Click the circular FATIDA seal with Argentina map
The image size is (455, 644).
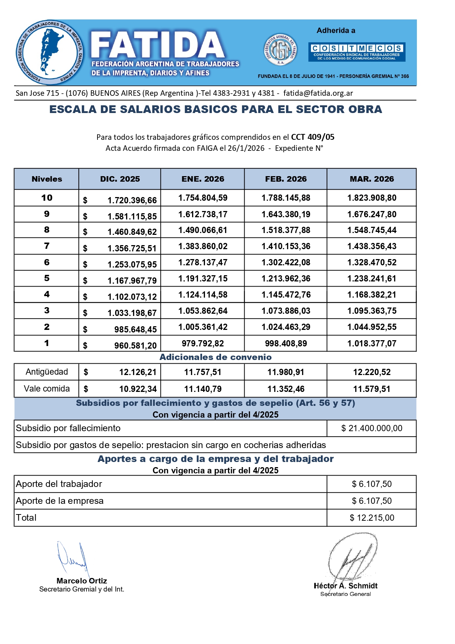tap(49, 52)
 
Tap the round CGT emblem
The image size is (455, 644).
tap(280, 50)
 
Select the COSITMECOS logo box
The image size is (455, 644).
tap(357, 51)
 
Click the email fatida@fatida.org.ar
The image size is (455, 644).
tap(318, 93)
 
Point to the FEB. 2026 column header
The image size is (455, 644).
tap(286, 179)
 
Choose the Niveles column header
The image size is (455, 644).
tap(47, 179)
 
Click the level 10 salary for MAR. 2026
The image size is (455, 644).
tap(372, 198)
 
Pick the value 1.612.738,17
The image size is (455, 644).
tap(203, 214)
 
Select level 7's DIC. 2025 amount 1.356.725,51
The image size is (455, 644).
tap(132, 248)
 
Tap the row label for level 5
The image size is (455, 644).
tap(47, 278)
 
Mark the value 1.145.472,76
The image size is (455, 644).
tap(286, 295)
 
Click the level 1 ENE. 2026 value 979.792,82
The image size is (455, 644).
tap(203, 343)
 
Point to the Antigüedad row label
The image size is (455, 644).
tap(47, 372)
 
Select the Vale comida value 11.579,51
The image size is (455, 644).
tap(372, 389)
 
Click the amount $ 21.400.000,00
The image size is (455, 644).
tap(371, 428)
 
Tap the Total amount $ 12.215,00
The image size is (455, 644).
tap(372, 518)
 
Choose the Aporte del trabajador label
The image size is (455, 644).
tap(59, 484)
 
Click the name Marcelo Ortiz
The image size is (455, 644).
tap(82, 581)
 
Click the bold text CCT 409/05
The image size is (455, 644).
tap(313, 137)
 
